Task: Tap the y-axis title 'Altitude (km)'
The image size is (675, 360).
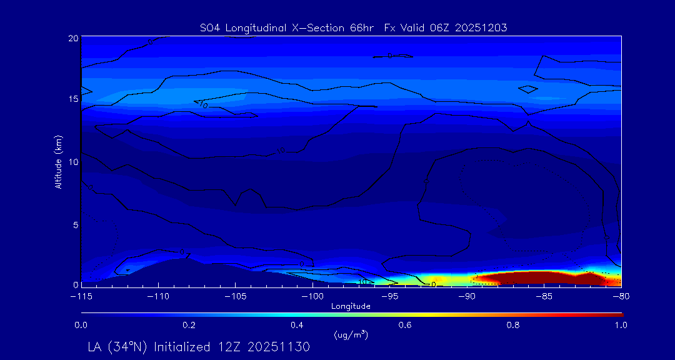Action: click(x=58, y=162)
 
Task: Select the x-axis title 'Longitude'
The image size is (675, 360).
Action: click(x=351, y=306)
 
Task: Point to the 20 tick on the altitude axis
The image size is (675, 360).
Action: click(x=73, y=38)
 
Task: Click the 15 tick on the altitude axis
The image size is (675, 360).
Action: click(x=73, y=99)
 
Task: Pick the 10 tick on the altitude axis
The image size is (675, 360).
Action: click(x=73, y=162)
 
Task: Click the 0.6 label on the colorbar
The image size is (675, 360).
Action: click(x=406, y=325)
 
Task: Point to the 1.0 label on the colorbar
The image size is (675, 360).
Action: click(x=621, y=325)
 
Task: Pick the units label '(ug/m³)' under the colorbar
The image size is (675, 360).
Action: click(x=351, y=336)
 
